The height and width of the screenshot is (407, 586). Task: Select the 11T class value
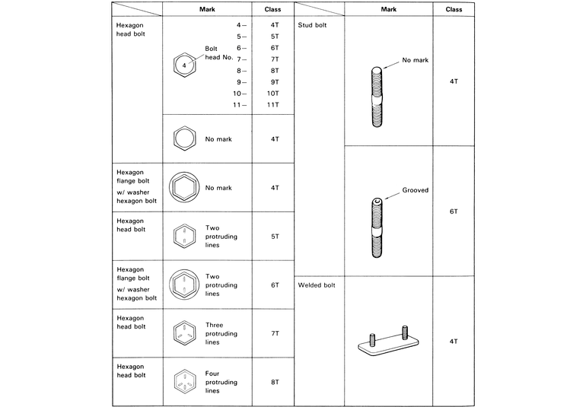pos(273,104)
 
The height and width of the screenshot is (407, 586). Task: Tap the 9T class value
pos(273,81)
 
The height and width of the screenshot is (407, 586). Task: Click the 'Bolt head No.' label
pos(218,53)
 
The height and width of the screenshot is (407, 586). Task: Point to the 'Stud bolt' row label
pos(313,24)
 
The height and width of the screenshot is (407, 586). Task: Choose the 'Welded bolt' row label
pos(317,285)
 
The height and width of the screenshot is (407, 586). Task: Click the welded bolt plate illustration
pos(387,342)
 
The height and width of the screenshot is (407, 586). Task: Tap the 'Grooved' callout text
pos(416,190)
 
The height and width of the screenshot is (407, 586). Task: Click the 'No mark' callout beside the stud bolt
pos(416,59)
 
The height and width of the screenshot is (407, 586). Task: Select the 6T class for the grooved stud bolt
pos(454,211)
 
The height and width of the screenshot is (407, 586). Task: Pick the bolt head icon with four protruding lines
pos(183,382)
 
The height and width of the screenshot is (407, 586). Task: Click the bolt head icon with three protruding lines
pos(183,333)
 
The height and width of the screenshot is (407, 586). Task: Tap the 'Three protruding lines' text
pos(221,333)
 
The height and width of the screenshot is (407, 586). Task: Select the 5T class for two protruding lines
pos(273,237)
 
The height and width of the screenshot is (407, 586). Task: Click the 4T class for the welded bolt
pos(454,342)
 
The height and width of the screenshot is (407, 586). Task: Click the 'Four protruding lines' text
pos(221,382)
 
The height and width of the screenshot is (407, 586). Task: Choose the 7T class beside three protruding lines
pos(273,333)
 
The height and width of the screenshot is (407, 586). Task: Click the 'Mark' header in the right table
pos(387,9)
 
